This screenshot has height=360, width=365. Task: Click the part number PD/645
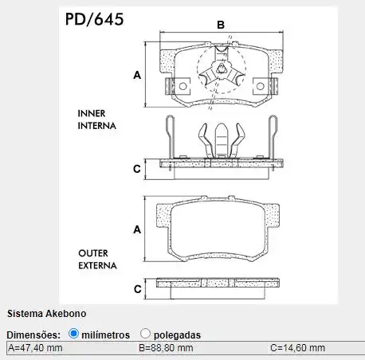(x=94, y=18)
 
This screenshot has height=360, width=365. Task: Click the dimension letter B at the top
(x=221, y=25)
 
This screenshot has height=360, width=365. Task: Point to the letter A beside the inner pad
(x=137, y=75)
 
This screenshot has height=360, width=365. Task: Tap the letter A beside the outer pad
(x=137, y=229)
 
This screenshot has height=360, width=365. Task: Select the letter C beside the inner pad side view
(x=137, y=169)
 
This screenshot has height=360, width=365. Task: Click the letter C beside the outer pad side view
(x=137, y=288)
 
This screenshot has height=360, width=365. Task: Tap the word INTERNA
(x=97, y=126)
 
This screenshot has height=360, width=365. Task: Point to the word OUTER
(x=94, y=252)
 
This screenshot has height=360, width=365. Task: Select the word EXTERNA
(x=97, y=265)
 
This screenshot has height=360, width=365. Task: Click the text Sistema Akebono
(x=46, y=314)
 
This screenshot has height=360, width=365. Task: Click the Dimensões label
(x=33, y=335)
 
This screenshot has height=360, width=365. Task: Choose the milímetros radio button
(x=74, y=335)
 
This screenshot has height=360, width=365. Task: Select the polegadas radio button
(x=146, y=335)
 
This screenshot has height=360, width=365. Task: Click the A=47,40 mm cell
(x=36, y=348)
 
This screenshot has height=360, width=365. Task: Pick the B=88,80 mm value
(x=166, y=348)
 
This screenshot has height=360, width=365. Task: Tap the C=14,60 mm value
(x=297, y=348)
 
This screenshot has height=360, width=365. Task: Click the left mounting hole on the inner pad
(x=182, y=86)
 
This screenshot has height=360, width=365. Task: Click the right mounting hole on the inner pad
(x=261, y=86)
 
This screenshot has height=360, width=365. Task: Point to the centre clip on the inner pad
(x=222, y=78)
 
